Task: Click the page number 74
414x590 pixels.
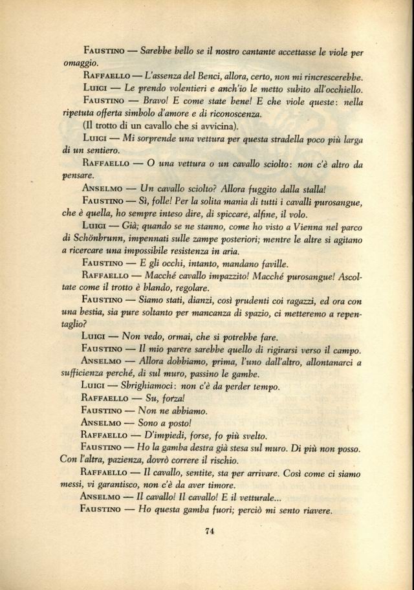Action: click(208, 532)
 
